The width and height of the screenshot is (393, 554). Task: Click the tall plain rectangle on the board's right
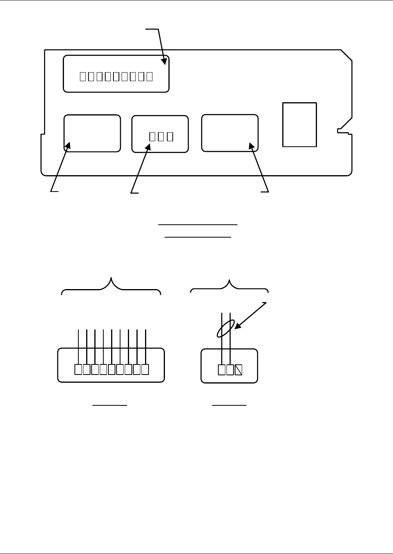[299, 125]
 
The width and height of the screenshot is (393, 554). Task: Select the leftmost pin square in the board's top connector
[83, 76]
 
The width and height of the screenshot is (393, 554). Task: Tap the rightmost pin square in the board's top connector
[149, 76]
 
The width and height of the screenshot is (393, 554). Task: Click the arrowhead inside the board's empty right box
[252, 146]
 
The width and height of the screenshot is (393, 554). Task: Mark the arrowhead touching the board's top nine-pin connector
[164, 61]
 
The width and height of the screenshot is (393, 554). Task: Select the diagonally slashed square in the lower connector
[239, 369]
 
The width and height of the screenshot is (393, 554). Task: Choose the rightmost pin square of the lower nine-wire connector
[145, 369]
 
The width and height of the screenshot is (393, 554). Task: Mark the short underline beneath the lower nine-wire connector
[110, 405]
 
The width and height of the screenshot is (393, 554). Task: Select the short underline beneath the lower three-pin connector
[229, 405]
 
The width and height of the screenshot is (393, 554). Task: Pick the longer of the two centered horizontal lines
[198, 225]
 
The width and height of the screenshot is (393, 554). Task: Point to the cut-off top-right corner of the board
[347, 55]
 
